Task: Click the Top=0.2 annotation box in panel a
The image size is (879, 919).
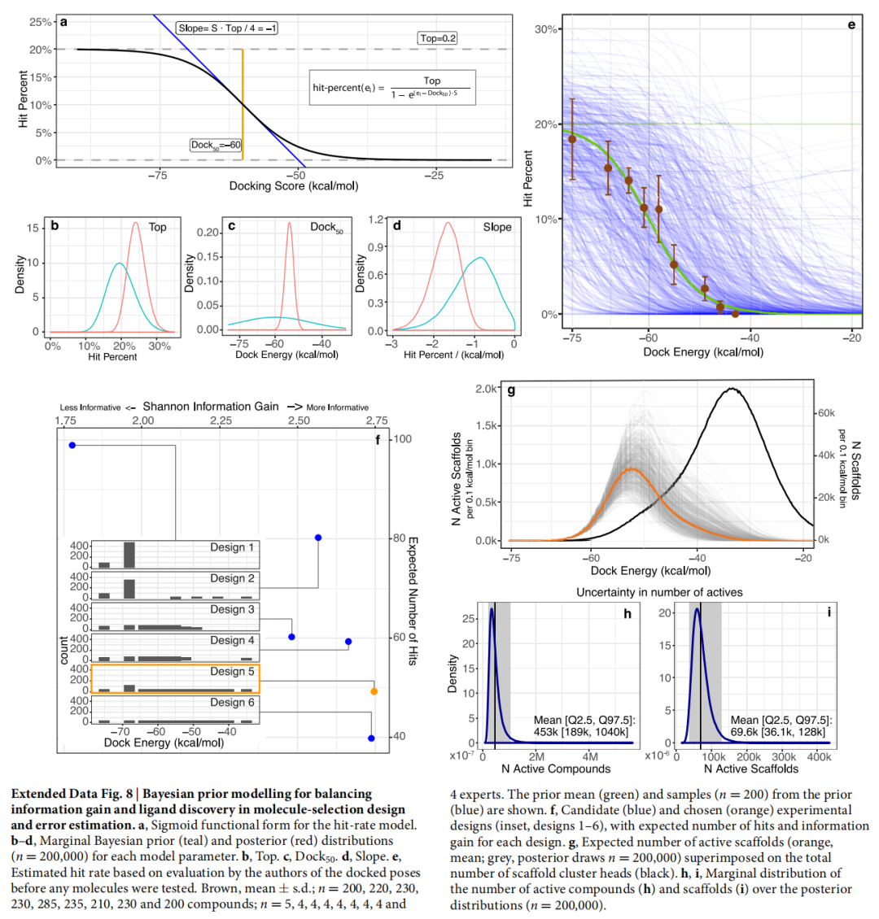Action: [x=438, y=38]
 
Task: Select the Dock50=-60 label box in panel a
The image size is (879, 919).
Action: [x=215, y=145]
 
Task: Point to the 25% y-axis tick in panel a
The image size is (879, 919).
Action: [x=42, y=21]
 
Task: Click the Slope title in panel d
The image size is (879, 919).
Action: [x=497, y=227]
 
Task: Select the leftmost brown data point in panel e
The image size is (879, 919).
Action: [x=572, y=139]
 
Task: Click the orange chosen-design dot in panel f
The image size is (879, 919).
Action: [x=374, y=691]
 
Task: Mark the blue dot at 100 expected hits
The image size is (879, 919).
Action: [x=72, y=445]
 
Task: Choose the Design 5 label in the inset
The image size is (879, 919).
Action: [x=232, y=672]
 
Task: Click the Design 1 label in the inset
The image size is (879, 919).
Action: [x=232, y=547]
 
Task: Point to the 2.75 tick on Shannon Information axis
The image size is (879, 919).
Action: [x=375, y=420]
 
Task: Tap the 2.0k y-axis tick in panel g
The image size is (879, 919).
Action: [x=487, y=389]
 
